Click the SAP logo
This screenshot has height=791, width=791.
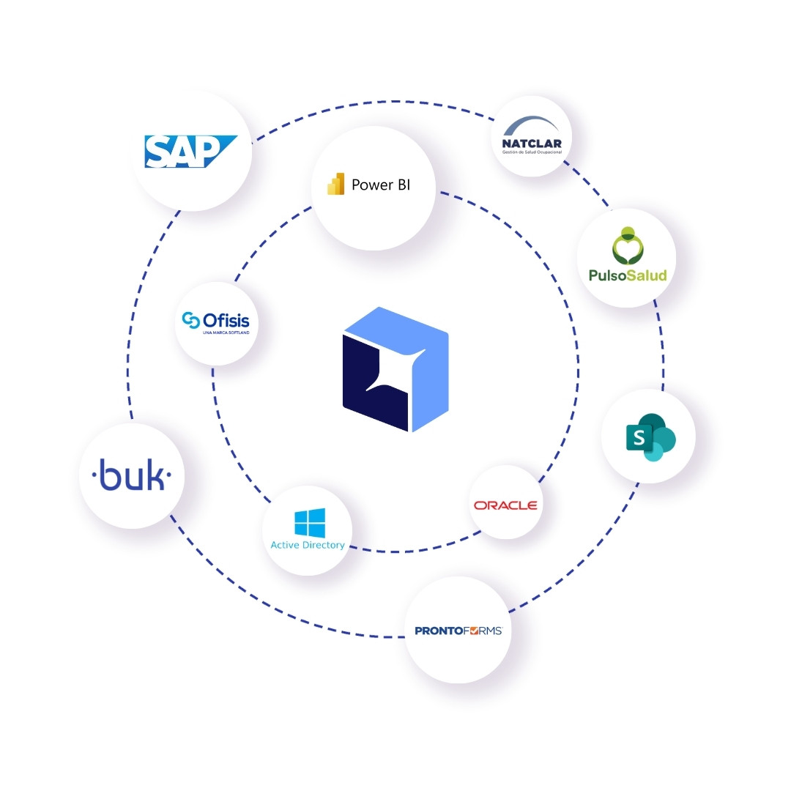[189, 152]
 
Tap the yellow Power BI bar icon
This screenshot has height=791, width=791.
[336, 185]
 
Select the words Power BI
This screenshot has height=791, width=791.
[381, 185]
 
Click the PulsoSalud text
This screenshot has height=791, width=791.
[628, 275]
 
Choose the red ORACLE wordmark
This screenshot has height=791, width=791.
[505, 505]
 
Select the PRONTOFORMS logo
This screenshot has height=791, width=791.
[458, 630]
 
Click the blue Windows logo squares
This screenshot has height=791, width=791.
[310, 523]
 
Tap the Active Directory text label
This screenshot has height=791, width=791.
[308, 546]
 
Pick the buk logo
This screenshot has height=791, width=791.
[132, 476]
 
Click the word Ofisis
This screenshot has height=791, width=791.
[226, 320]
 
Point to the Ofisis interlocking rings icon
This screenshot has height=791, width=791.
[191, 320]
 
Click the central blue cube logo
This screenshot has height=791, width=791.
[395, 370]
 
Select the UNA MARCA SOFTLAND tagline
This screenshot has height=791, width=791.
[226, 333]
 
